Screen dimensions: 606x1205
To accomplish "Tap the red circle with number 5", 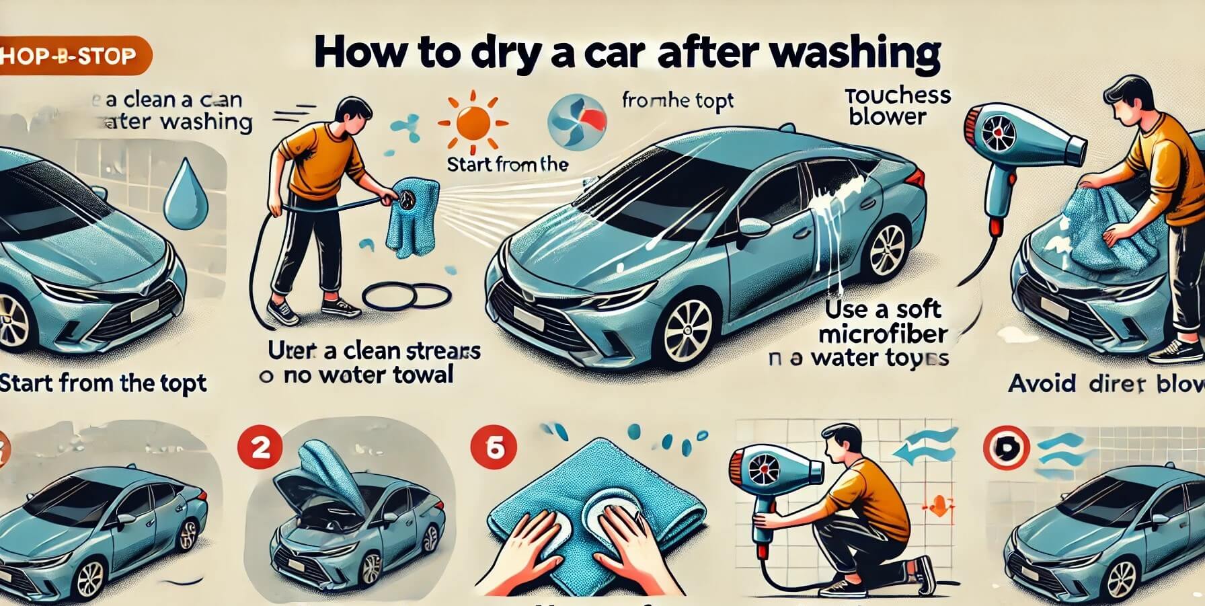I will [x=494, y=448].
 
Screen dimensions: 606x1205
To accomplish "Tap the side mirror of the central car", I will [x=754, y=228].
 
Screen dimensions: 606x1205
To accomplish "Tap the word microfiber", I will [x=884, y=334].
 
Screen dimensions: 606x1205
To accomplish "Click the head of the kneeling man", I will [x=841, y=441].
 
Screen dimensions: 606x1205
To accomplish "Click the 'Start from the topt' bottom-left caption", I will [x=103, y=383].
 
